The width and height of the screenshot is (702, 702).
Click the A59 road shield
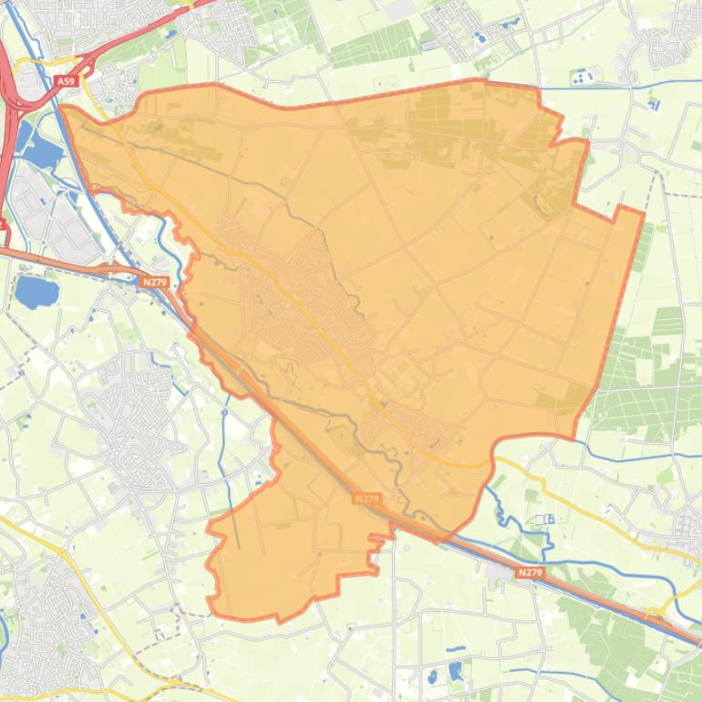[66, 81]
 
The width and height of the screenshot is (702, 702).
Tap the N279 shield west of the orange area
[154, 283]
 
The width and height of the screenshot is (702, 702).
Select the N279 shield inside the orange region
[366, 499]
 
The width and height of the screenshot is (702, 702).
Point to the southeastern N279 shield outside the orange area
[530, 573]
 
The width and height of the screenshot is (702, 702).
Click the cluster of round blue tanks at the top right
[581, 79]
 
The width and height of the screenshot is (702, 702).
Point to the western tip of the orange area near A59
[62, 108]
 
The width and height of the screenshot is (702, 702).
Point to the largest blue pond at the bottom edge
[455, 671]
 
